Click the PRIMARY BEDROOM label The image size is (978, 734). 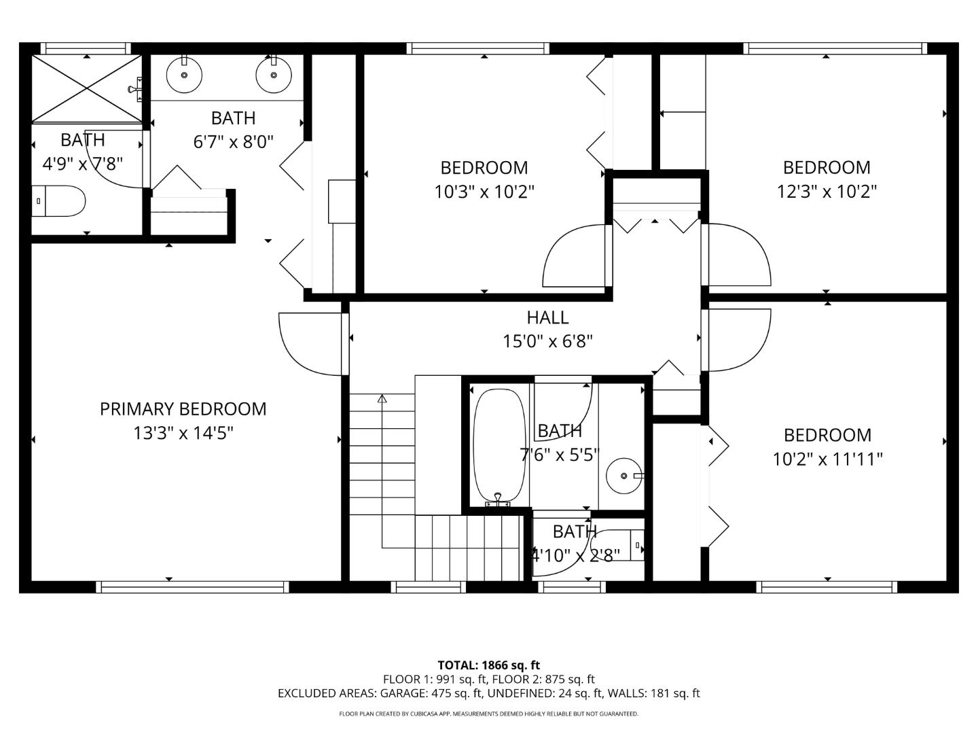pos(183,408)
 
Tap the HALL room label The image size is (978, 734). pos(547,317)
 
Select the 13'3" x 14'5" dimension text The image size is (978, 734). pos(183,433)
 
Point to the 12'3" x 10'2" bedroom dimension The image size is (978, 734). pos(827,192)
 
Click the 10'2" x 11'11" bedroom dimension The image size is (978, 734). pos(827,459)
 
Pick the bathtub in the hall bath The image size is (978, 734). pos(499,446)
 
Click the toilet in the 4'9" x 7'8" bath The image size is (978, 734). pos(60,201)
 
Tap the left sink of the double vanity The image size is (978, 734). pos(183,75)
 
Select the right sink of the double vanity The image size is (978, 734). pos(273,75)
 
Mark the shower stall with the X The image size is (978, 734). pos(86,88)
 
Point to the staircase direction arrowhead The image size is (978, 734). pos(382,399)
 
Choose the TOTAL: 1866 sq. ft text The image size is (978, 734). pos(488,665)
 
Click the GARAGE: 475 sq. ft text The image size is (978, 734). pos(428,693)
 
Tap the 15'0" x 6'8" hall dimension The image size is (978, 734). pos(547,341)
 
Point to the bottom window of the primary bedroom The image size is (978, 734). pos(192,587)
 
